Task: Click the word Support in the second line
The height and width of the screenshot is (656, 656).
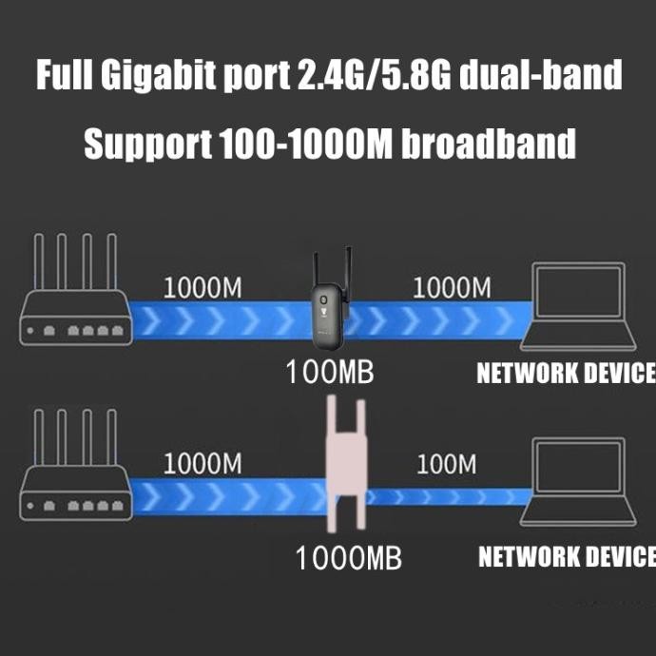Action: (147, 145)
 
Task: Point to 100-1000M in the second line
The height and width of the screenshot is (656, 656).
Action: (306, 145)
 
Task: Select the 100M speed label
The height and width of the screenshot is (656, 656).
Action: (446, 465)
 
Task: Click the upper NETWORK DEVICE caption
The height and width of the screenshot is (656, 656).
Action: (566, 373)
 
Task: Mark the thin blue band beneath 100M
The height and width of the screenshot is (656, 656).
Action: (447, 495)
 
